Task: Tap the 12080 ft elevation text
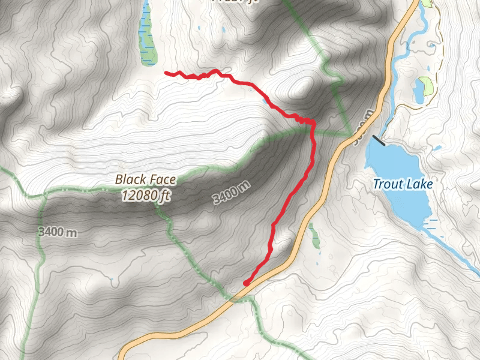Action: tap(145, 195)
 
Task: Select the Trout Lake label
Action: tap(403, 184)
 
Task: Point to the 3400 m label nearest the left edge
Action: tap(57, 232)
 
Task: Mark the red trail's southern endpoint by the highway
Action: tap(246, 283)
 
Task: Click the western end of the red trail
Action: tap(166, 73)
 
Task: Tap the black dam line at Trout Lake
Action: tap(379, 141)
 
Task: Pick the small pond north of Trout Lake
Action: tap(418, 91)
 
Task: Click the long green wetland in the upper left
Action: tap(146, 36)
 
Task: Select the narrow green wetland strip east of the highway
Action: tap(314, 235)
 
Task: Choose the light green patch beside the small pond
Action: tap(427, 85)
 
